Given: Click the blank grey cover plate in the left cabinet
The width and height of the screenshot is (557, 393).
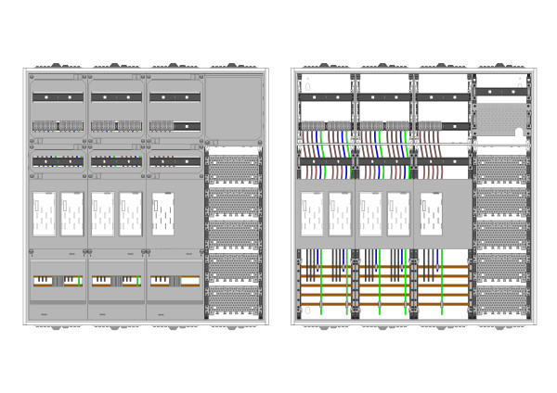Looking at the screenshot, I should tap(234, 107).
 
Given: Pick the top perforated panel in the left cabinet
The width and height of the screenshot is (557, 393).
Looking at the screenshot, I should tap(234, 168).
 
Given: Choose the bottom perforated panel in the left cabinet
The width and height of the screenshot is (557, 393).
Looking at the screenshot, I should tap(234, 299).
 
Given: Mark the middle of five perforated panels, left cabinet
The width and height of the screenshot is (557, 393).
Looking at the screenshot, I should tap(234, 234).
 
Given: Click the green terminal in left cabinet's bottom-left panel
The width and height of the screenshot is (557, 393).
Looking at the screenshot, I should tap(80, 281).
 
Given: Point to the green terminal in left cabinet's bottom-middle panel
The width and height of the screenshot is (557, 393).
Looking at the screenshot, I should tap(138, 281).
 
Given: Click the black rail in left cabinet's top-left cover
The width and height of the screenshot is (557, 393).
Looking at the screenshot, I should tap(58, 96).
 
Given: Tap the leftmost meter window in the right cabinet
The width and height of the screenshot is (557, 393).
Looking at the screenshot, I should tap(313, 213).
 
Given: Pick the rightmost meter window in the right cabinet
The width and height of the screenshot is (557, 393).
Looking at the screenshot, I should tap(431, 213).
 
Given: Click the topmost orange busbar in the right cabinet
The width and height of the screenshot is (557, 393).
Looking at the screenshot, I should tap(381, 268).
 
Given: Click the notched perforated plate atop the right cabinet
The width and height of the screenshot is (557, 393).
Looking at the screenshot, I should tap(501, 116).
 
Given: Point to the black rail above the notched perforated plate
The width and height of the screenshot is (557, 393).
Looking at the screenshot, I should tap(501, 91).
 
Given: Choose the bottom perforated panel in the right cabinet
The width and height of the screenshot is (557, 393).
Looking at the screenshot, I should tap(501, 298).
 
